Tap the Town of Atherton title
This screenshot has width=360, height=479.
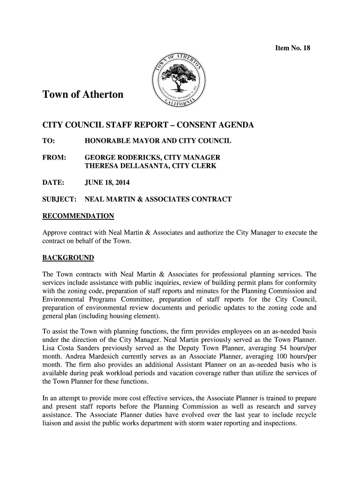point(83,95)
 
